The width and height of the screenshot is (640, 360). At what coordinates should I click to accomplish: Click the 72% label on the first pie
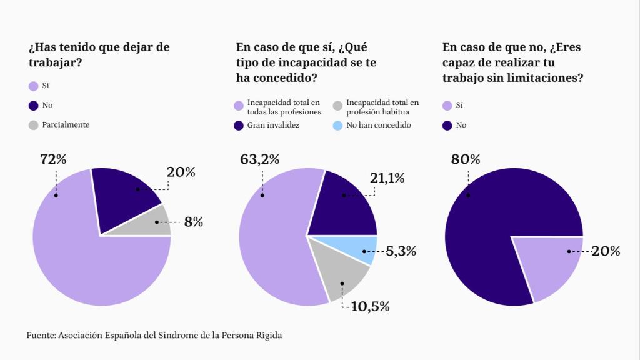tap(53, 159)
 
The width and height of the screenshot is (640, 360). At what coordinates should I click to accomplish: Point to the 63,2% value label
tap(260, 159)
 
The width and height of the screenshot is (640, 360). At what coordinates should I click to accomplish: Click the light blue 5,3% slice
tap(362, 249)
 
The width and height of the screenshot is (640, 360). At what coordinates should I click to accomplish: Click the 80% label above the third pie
tap(466, 159)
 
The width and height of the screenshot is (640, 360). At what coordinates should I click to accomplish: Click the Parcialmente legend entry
tap(65, 125)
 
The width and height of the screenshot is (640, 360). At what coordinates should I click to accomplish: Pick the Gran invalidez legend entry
tap(273, 125)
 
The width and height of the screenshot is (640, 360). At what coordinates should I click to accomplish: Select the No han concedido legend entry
tap(378, 125)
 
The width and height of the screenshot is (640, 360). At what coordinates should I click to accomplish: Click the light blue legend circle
tap(338, 125)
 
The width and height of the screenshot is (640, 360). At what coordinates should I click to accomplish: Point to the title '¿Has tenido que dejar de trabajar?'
tap(99, 54)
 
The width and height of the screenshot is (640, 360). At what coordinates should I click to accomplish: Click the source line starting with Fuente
tap(154, 336)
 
